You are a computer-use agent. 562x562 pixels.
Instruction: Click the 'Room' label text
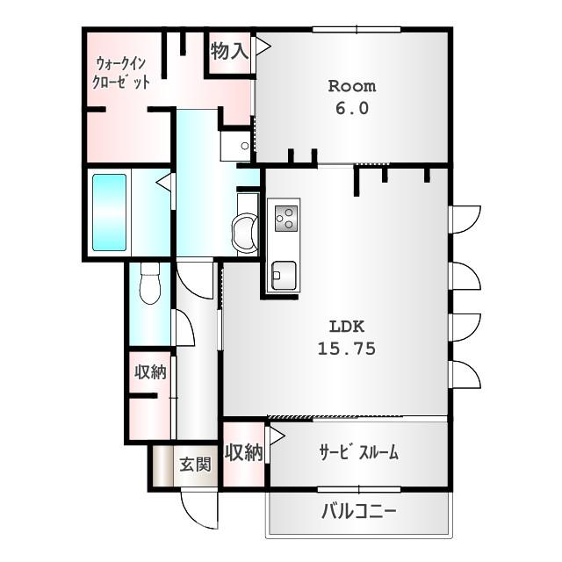[x=351, y=86]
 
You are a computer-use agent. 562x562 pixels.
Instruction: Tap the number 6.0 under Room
[x=351, y=109]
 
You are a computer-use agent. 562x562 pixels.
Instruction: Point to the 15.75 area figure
[x=346, y=349]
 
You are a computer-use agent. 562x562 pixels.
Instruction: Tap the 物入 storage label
[x=229, y=52]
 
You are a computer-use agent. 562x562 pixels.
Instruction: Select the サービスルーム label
[x=358, y=453]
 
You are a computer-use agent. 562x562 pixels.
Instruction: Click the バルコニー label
[x=357, y=511]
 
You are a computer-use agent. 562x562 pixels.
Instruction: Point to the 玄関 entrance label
[x=195, y=465]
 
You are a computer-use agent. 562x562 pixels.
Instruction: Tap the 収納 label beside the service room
[x=243, y=453]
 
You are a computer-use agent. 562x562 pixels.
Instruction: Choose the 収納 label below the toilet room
[x=149, y=371]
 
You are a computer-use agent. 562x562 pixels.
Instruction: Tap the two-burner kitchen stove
[x=285, y=217]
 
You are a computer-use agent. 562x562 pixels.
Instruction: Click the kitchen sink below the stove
[x=283, y=275]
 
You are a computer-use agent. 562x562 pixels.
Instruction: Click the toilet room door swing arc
[x=184, y=327]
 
